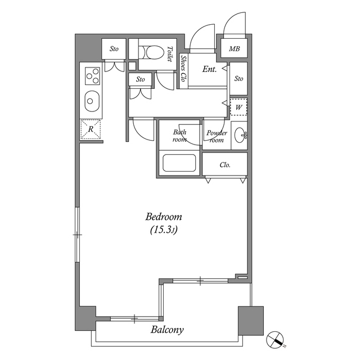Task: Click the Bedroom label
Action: click(164, 217)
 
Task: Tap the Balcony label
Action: click(167, 330)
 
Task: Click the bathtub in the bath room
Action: click(179, 163)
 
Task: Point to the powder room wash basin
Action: click(240, 135)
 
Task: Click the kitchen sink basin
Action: click(92, 101)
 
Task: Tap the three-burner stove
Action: click(92, 75)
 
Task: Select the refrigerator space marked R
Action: click(91, 129)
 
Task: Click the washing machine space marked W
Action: click(238, 107)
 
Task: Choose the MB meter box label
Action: click(234, 49)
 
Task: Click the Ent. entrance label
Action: click(209, 69)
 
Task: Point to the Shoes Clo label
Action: click(183, 68)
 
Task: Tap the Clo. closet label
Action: click(225, 165)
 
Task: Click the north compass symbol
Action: click(275, 340)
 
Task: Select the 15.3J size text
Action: click(164, 230)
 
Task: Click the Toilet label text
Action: click(170, 54)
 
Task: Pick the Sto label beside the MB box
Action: click(238, 79)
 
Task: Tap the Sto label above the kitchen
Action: click(114, 49)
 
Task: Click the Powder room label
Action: click(217, 136)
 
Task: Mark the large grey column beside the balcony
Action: click(251, 321)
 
